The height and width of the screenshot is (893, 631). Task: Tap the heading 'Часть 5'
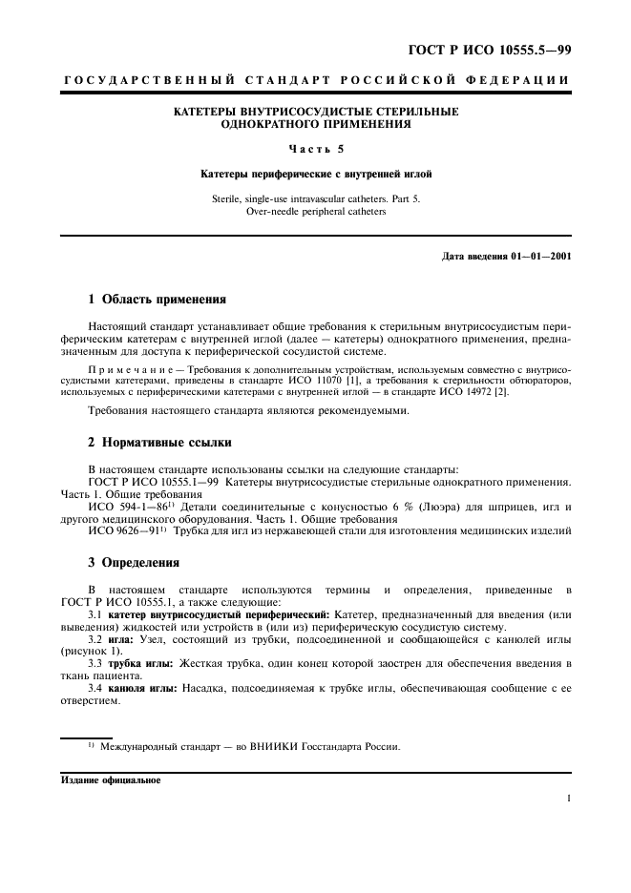(315, 148)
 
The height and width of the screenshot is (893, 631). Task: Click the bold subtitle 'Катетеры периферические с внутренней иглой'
(315, 175)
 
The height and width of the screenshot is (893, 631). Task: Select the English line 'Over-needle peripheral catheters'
(315, 212)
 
